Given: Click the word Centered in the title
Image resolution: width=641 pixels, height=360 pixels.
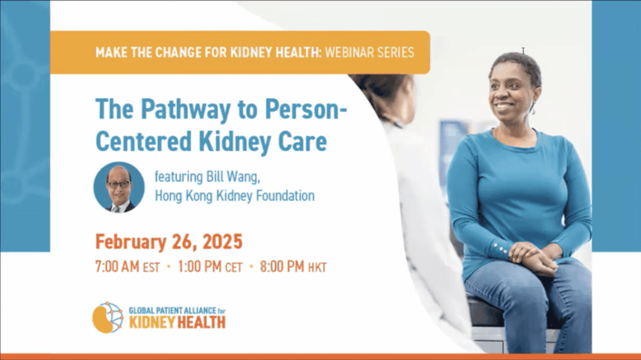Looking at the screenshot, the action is coord(143,141).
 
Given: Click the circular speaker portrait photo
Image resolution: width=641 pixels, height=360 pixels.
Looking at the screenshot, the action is coord(119,187).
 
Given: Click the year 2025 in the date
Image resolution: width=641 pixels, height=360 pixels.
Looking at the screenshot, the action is coord(222,242).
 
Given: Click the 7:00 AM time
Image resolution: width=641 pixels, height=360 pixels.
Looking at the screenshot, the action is coord(117,267).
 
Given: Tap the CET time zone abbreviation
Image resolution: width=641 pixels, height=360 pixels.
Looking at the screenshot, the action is coord(234,267).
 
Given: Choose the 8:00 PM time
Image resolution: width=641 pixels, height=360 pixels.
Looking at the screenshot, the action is coord(282,267).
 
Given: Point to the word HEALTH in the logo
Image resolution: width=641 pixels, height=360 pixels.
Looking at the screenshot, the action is coord(201,322).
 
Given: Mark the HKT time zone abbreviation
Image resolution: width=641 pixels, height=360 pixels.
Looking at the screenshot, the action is coord(317,267).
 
